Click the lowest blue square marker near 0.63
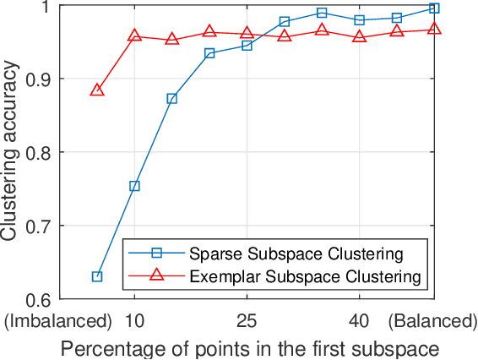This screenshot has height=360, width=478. [x=97, y=276]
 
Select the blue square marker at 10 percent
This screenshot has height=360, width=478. [x=134, y=186]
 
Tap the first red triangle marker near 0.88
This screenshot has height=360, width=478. [x=97, y=90]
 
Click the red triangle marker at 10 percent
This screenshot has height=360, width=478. [x=134, y=35]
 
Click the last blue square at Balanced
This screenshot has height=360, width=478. [x=434, y=8]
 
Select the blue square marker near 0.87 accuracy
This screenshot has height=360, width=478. [x=172, y=99]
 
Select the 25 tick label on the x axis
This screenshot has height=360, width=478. [x=247, y=321]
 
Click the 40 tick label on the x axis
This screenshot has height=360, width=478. [x=359, y=321]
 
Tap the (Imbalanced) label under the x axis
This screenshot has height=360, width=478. [x=58, y=321]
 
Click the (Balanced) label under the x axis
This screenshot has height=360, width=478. [x=432, y=321]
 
